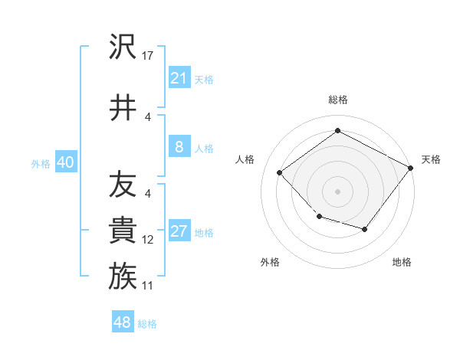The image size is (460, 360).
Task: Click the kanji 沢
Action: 123,48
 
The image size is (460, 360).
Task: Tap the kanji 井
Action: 123,108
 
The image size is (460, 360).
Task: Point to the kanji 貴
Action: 123,230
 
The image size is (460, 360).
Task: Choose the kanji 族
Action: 123,276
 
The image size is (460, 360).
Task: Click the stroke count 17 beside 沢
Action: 149,56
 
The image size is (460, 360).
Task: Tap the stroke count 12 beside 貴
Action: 148,240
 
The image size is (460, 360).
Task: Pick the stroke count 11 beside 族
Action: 148,286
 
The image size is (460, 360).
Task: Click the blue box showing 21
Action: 179,78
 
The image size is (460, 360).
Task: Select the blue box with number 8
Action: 179,147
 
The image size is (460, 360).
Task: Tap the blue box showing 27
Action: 179,231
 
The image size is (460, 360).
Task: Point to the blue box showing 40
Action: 65,162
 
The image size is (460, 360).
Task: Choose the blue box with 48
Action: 123,322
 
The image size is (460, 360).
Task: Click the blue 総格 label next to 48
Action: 147,324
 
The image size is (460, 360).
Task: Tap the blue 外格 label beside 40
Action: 41,163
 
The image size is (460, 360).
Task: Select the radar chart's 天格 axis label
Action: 431,159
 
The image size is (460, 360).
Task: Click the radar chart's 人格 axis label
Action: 245,159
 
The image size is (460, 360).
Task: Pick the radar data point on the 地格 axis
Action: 365,229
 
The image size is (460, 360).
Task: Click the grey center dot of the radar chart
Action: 337,191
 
